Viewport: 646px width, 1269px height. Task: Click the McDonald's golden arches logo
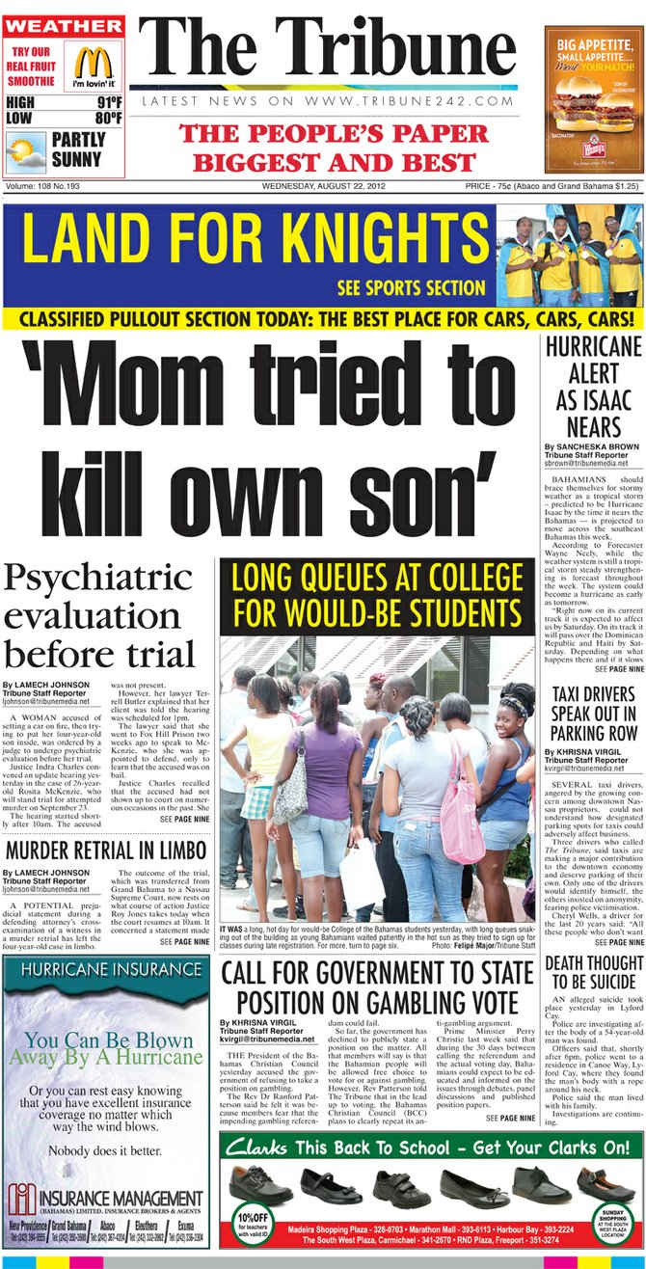94,64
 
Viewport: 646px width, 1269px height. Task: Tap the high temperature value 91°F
108,103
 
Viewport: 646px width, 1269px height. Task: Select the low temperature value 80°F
108,119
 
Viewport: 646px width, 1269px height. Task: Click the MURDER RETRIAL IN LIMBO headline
105,850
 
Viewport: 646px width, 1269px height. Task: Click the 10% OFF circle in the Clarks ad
253,1220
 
